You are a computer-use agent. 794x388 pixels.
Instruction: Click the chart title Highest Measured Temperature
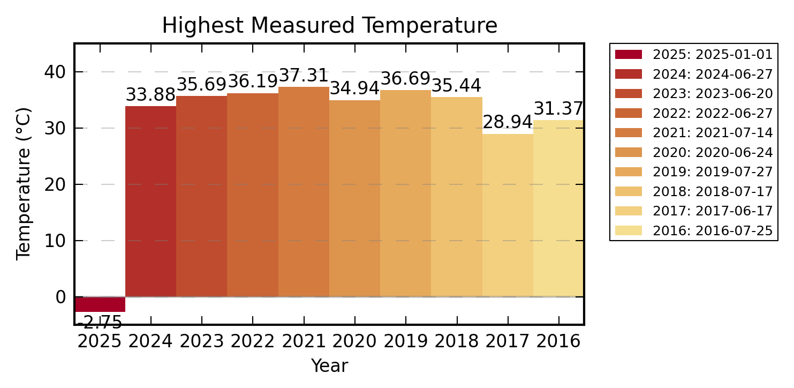click(329, 26)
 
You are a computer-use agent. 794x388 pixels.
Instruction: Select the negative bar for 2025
click(100, 304)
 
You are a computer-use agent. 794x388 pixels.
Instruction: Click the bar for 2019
click(405, 193)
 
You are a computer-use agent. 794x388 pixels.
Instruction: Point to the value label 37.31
click(304, 76)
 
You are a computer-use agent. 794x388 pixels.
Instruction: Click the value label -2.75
click(100, 323)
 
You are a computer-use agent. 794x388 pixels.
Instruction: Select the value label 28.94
click(508, 122)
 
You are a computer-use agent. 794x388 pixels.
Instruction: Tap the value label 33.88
click(150, 95)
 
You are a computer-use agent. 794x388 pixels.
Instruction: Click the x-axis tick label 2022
click(252, 341)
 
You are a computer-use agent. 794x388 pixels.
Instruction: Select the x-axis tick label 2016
click(558, 341)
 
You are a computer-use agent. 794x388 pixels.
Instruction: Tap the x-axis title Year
click(329, 366)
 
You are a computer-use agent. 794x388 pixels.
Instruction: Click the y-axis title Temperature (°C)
click(24, 184)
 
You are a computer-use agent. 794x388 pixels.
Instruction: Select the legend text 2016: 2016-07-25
click(713, 231)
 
